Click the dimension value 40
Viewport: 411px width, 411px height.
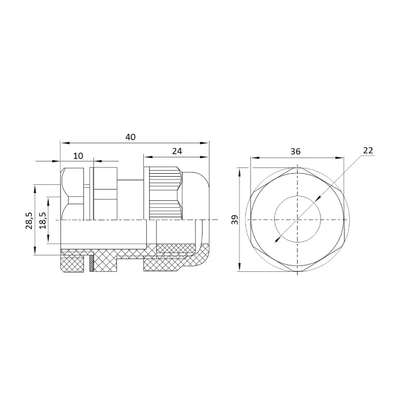click(130, 137)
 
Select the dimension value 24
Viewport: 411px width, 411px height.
click(177, 151)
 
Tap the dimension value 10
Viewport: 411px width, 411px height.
click(78, 156)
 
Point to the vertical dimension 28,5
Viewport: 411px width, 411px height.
click(29, 220)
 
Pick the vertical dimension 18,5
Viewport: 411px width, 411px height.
click(43, 220)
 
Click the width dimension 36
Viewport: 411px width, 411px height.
click(295, 151)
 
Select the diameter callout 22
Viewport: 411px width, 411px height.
click(368, 150)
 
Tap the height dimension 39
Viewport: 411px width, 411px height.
click(235, 220)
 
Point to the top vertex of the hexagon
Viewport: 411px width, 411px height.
click(298, 168)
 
